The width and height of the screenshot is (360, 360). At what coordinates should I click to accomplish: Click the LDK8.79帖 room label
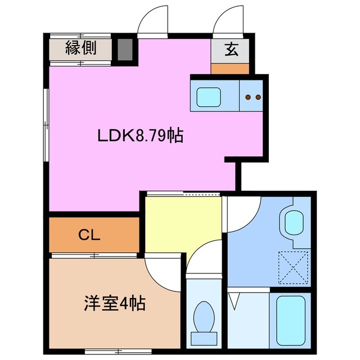(x=141, y=136)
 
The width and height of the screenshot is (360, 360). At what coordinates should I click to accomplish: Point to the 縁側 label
(x=80, y=48)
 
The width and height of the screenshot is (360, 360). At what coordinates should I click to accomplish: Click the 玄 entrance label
(x=231, y=49)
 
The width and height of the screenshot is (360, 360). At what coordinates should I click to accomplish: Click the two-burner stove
(x=252, y=97)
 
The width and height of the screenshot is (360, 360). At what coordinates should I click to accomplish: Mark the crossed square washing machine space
(x=294, y=265)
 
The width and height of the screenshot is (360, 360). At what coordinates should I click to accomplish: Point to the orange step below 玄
(x=230, y=69)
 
